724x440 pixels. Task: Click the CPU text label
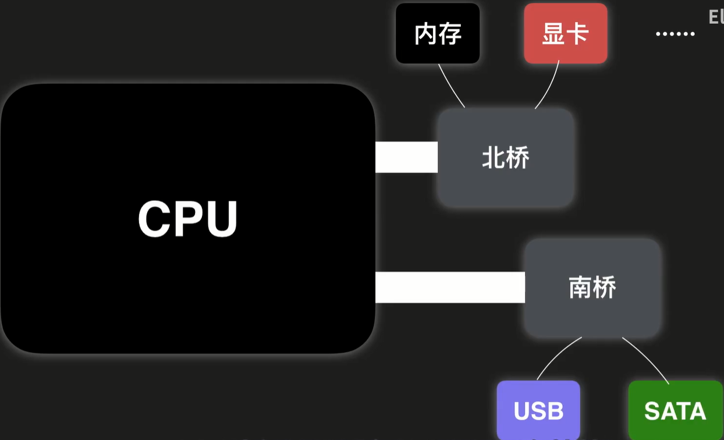click(188, 219)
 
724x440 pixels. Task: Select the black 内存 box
click(438, 33)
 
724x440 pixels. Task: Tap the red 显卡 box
click(565, 33)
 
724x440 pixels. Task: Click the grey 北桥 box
click(506, 157)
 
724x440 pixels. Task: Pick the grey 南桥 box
click(592, 287)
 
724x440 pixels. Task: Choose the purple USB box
click(538, 410)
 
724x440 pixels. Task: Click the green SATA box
click(675, 410)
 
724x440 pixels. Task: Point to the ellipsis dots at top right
click(675, 34)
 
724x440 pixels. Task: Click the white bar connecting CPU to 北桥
click(406, 157)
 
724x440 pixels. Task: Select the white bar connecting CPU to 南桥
click(450, 287)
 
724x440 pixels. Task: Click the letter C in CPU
click(154, 219)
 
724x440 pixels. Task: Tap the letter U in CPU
click(222, 219)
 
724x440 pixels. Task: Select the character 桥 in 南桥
click(605, 288)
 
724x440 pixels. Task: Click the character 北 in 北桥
click(494, 158)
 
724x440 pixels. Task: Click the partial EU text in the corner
click(716, 17)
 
